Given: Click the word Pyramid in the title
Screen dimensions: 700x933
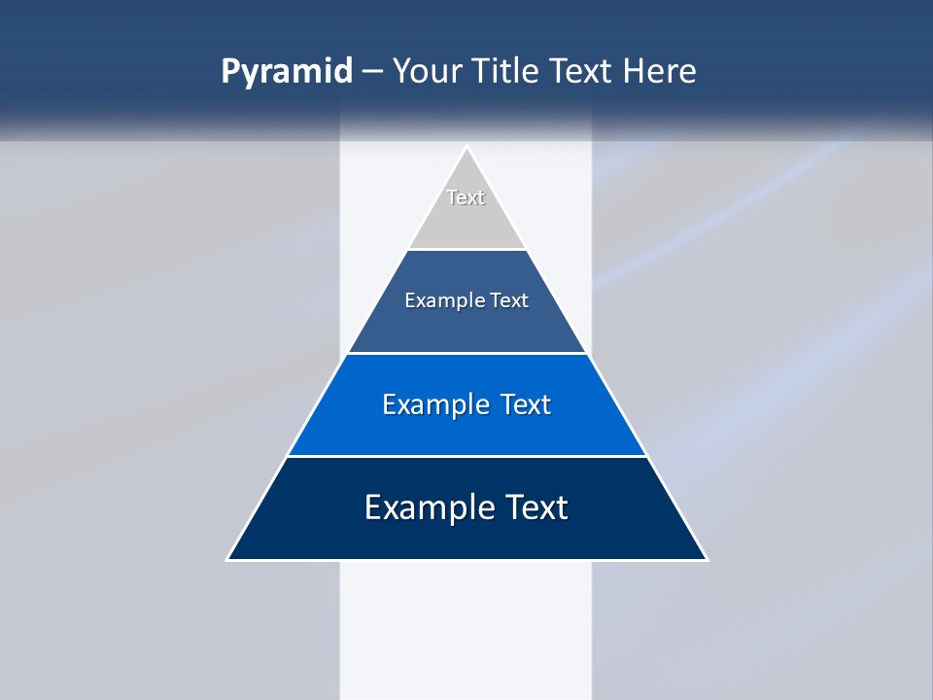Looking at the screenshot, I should pyautogui.click(x=287, y=72).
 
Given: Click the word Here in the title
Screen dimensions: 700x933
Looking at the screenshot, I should pyautogui.click(x=660, y=72).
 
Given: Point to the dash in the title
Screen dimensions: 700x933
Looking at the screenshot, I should pyautogui.click(x=372, y=72).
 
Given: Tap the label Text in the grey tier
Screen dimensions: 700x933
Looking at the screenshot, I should pyautogui.click(x=466, y=197).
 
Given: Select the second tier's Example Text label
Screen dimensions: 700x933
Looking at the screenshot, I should pyautogui.click(x=466, y=300).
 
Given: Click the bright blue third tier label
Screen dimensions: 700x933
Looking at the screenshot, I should pyautogui.click(x=466, y=404).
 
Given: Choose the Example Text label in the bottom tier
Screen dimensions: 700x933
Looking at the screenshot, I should pyautogui.click(x=466, y=507).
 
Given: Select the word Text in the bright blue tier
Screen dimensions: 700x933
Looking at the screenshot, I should pyautogui.click(x=525, y=404).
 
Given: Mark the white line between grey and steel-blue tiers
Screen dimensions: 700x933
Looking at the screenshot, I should pyautogui.click(x=466, y=249).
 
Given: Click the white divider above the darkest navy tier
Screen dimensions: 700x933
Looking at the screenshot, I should pyautogui.click(x=466, y=456).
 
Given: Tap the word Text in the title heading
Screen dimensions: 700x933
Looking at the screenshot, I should pyautogui.click(x=579, y=72).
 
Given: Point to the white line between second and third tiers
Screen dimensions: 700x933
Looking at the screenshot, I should pyautogui.click(x=466, y=353).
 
